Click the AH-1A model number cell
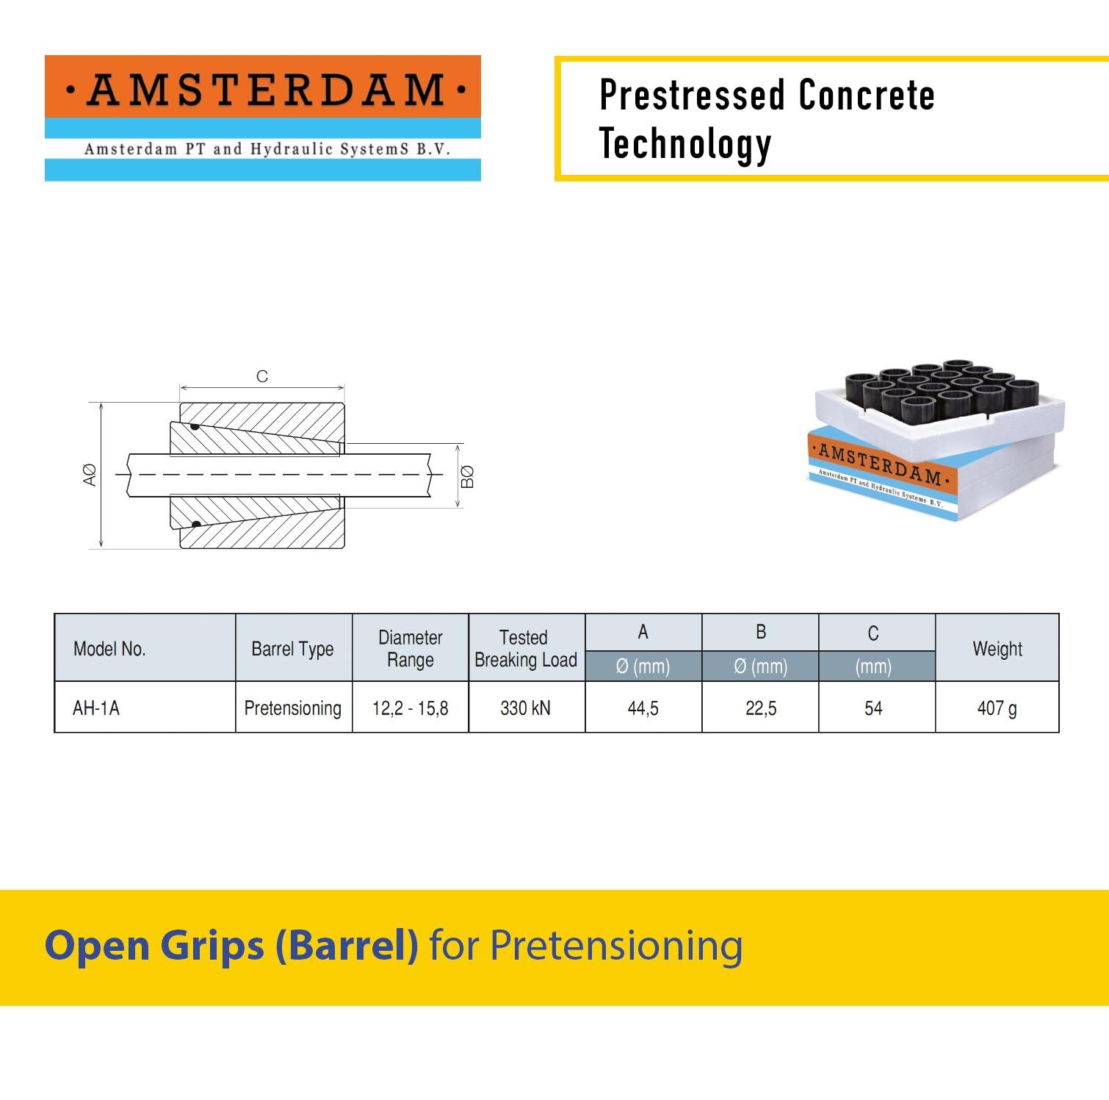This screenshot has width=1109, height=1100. tap(96, 708)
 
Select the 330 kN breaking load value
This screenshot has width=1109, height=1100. tap(525, 708)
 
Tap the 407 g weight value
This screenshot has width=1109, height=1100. tap(997, 708)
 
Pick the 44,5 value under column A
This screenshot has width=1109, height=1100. tap(643, 708)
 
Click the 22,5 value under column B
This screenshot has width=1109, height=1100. tap(760, 708)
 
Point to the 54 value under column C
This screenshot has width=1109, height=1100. tap(873, 708)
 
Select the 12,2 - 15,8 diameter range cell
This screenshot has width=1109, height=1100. tap(410, 708)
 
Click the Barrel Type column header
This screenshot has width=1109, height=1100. tap(292, 649)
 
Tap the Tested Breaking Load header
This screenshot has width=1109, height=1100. tap(526, 648)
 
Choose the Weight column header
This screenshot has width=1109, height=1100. tap(997, 649)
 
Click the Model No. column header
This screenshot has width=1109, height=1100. tap(109, 649)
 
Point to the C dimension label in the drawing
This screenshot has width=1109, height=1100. tap(262, 376)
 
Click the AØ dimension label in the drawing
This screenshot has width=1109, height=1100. tap(90, 475)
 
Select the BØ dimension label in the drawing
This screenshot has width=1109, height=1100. tap(467, 477)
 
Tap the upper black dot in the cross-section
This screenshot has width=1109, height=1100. tap(195, 426)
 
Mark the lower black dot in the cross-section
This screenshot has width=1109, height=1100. tap(196, 525)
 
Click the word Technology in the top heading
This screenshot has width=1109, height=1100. tap(685, 144)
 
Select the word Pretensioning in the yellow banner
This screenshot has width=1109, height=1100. tap(616, 946)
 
